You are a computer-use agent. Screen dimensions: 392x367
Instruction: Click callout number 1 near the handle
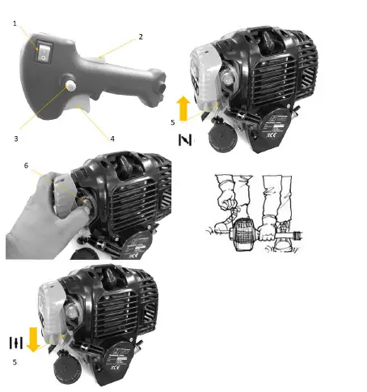pos(15,24)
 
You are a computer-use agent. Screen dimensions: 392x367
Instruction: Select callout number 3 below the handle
pos(15,138)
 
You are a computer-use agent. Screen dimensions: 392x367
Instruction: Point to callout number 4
pos(112,138)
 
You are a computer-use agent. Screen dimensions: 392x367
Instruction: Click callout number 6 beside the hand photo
pos(25,165)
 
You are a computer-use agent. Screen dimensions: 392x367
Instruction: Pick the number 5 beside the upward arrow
pos(171,122)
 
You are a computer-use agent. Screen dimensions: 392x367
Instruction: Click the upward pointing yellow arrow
pos(184,106)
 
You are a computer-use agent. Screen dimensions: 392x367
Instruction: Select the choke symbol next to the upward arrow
pos(184,139)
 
